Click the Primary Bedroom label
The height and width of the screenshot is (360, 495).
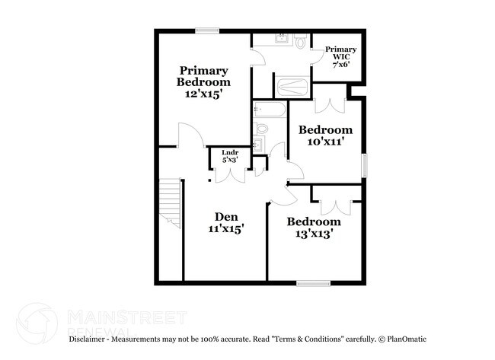tap(203, 76)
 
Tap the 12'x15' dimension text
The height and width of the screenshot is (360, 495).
tap(203, 94)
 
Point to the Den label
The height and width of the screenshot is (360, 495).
tap(225, 215)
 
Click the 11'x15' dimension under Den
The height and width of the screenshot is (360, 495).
tap(225, 228)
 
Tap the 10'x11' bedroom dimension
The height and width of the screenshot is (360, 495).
tap(325, 142)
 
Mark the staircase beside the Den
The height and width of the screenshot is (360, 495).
tap(171, 204)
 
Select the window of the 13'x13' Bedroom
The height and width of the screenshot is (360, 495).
tap(312, 284)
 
